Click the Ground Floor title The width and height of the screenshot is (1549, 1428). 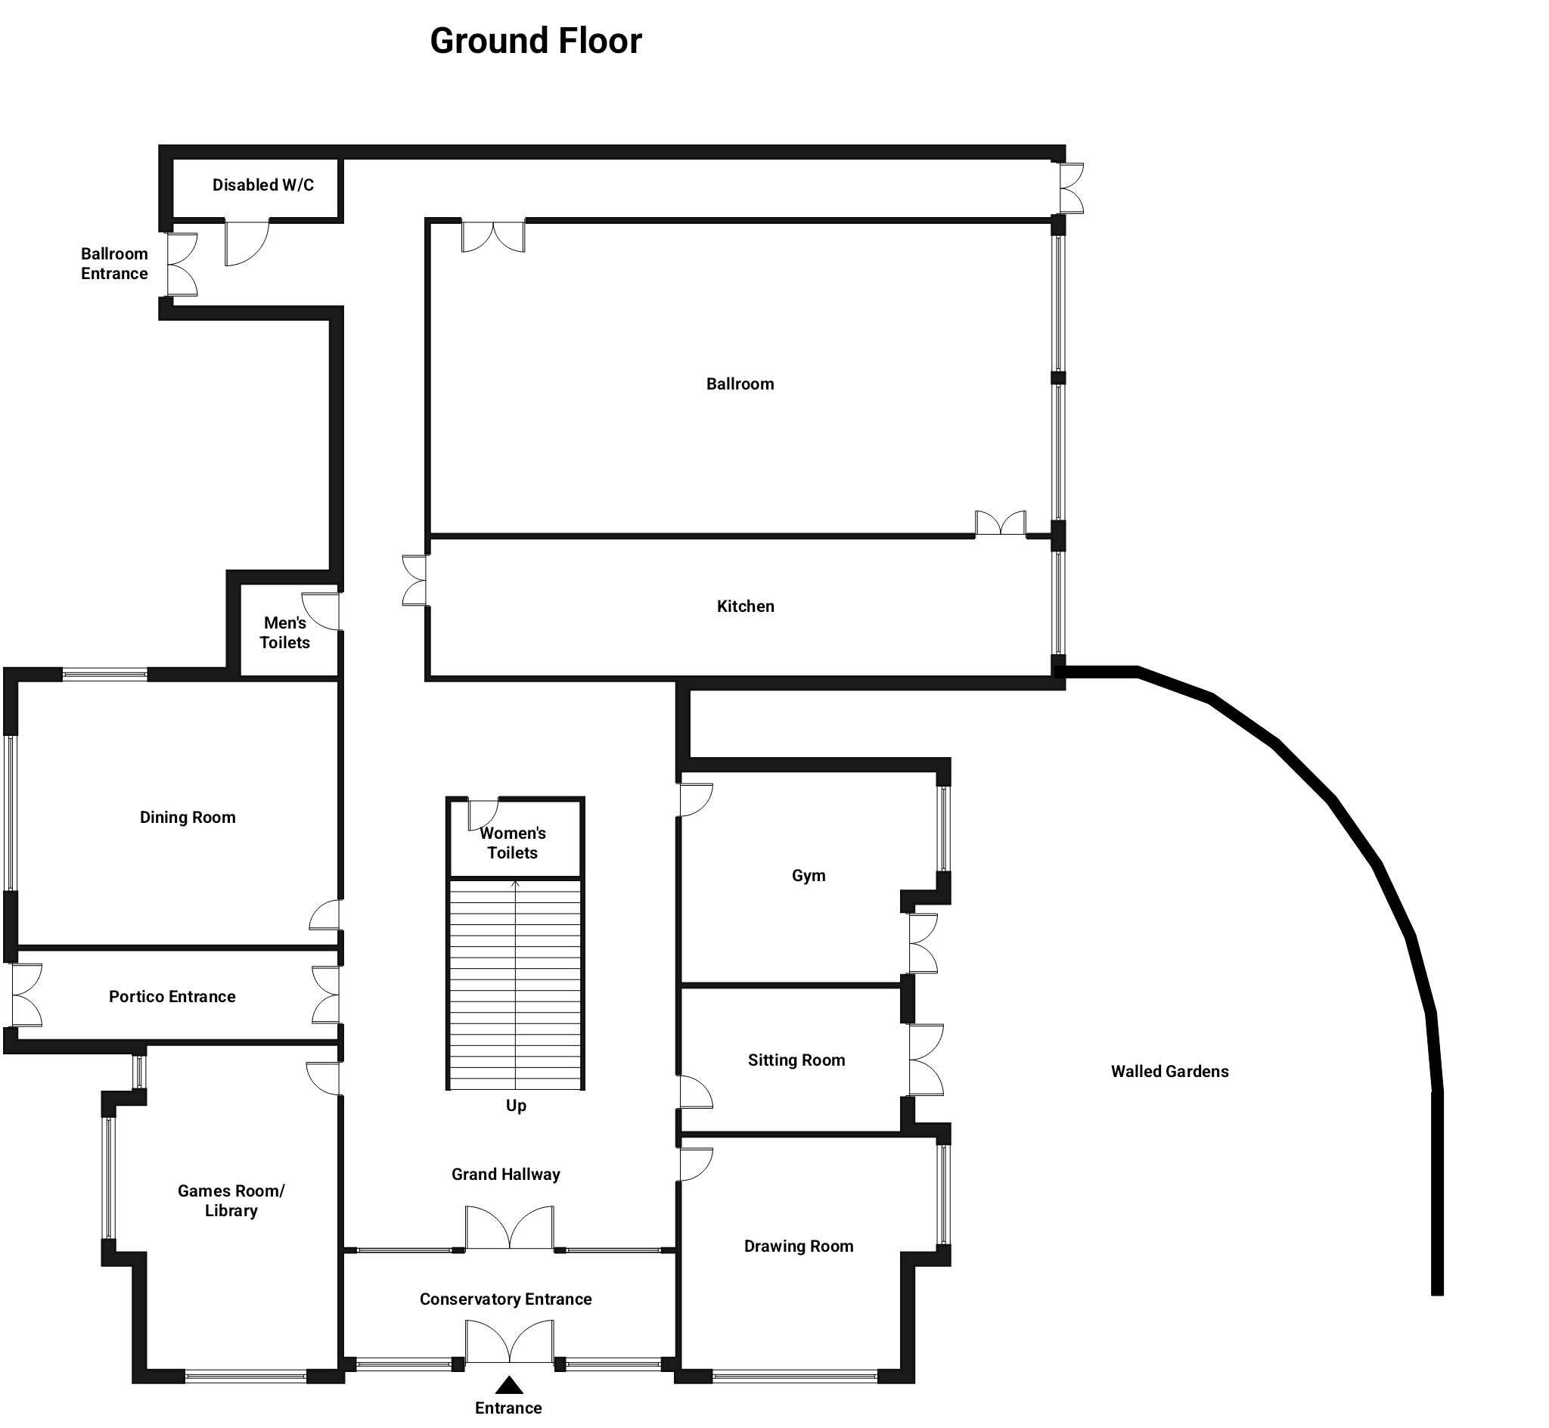535,41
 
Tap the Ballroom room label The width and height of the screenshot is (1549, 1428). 740,384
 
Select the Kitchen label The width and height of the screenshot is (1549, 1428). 746,607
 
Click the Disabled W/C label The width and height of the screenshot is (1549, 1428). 263,185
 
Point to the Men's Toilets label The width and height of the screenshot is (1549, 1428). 285,632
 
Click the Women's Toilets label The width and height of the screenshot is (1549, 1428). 513,843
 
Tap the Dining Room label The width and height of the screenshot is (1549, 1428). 188,818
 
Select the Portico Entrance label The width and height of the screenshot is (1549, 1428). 172,997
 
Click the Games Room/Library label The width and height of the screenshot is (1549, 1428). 231,1200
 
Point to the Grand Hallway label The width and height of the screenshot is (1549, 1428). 506,1175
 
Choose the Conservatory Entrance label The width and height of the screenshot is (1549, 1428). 506,1299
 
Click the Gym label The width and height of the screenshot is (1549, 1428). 809,877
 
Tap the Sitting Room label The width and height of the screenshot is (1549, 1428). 796,1060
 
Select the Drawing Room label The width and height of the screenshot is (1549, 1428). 799,1246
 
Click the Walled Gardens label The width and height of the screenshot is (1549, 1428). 1169,1072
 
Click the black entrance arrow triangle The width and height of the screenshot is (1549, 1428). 508,1385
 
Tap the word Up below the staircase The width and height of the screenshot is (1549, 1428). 516,1106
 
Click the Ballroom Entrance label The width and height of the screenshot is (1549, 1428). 114,263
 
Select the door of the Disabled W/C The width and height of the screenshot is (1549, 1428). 247,243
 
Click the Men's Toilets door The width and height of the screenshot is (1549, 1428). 320,610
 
